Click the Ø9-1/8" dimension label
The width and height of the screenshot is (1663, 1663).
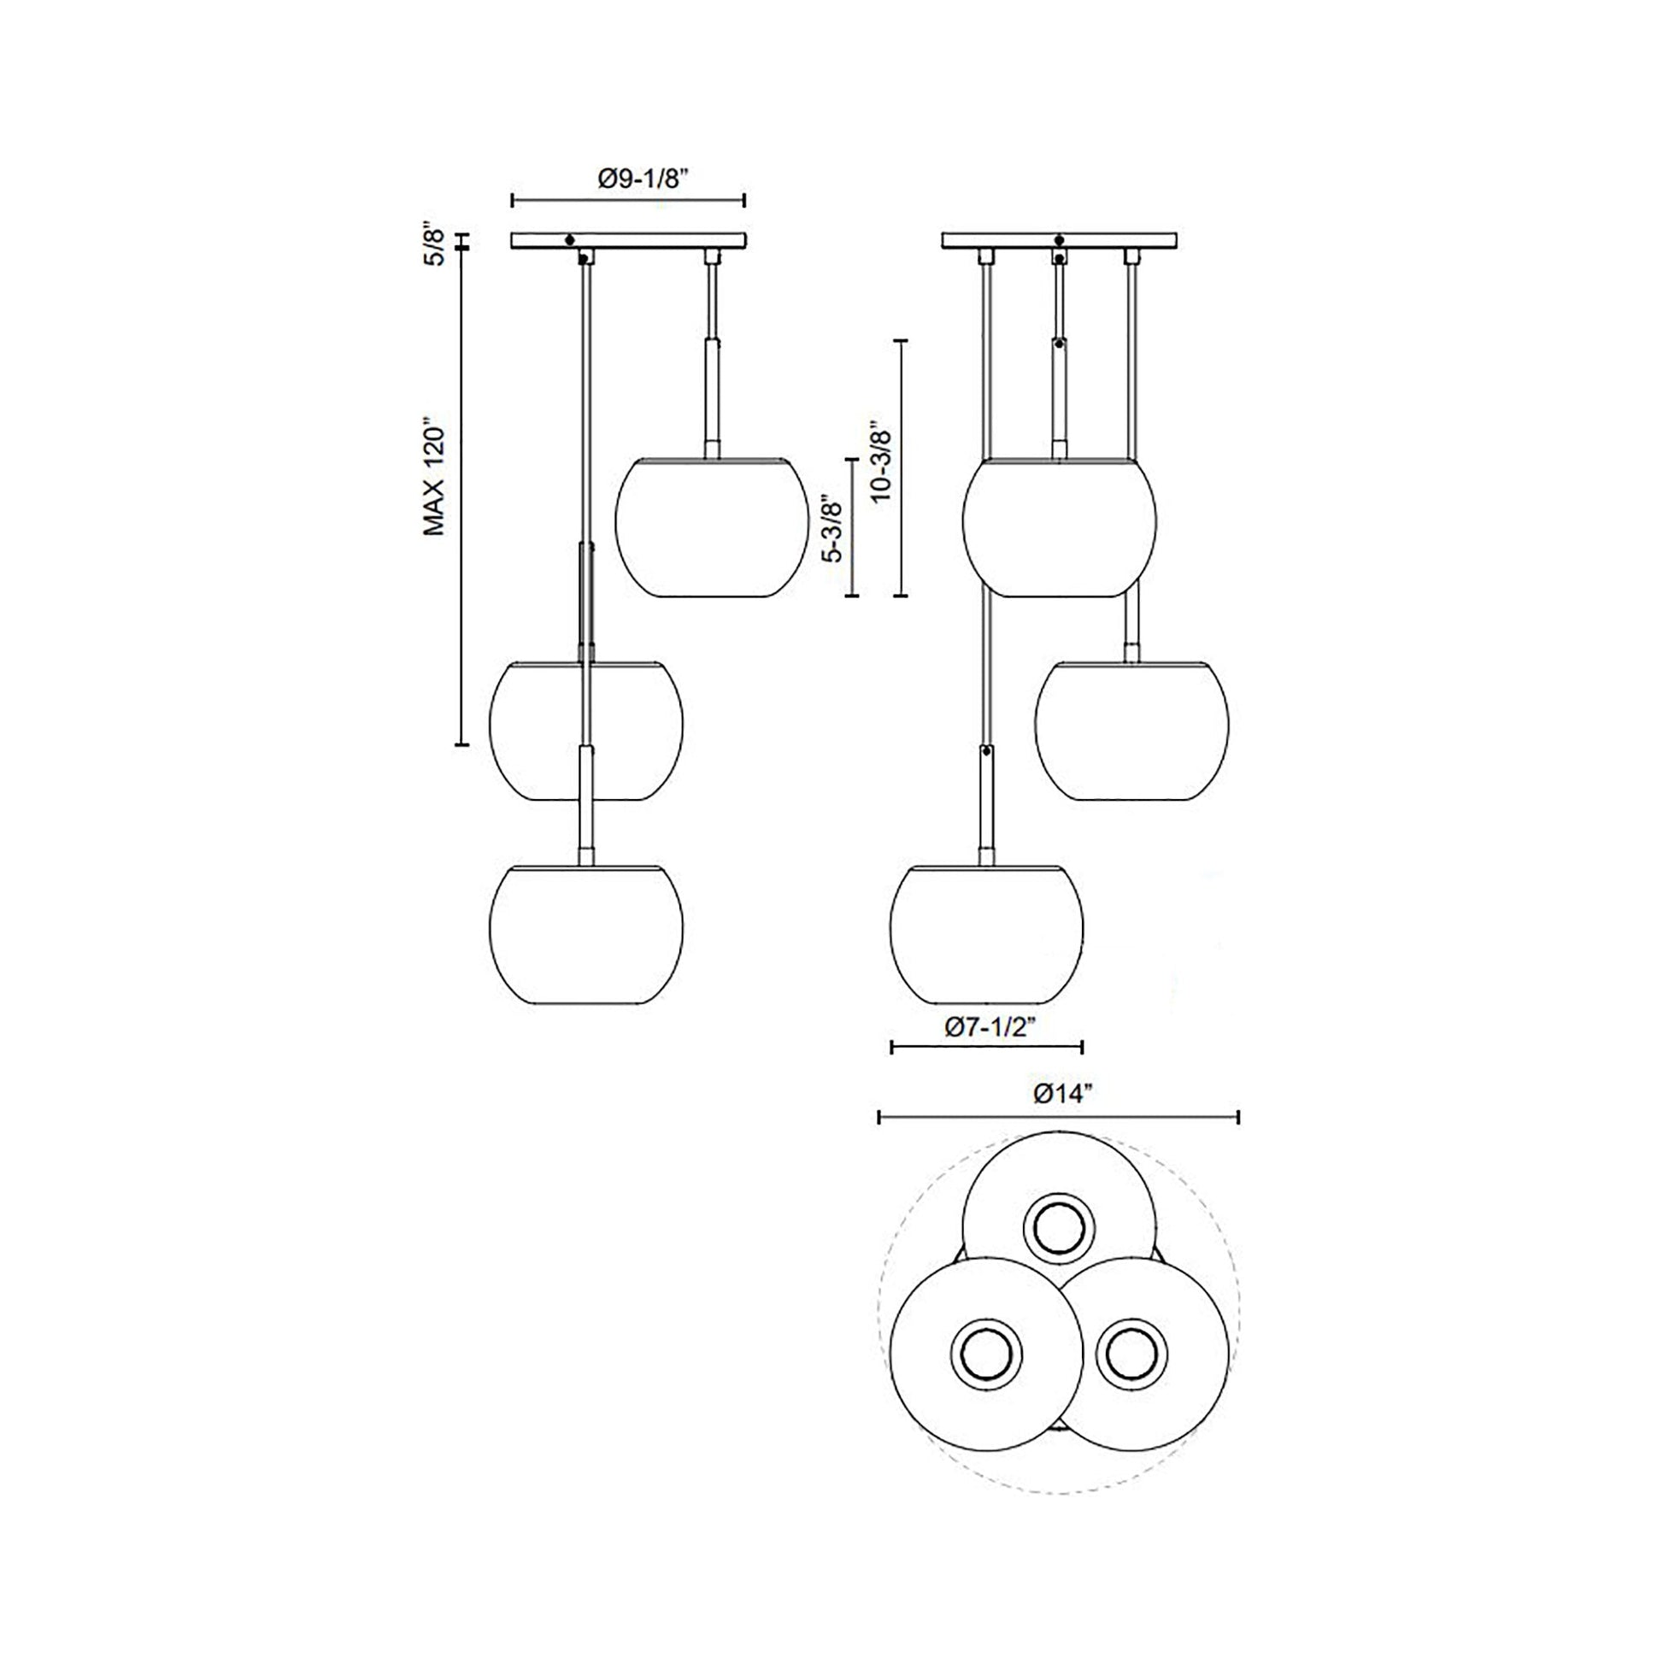(644, 179)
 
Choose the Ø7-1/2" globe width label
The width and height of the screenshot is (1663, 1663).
(986, 1028)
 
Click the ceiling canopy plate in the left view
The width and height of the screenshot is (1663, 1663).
(628, 240)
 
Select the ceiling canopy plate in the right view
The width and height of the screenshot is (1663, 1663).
(1060, 240)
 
